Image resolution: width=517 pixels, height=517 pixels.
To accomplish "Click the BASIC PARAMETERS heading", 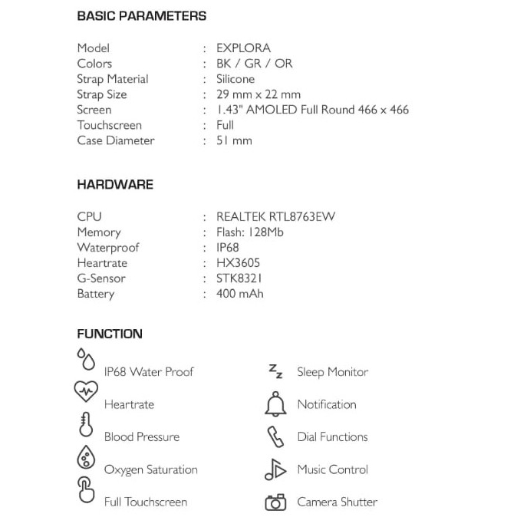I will point(141,16).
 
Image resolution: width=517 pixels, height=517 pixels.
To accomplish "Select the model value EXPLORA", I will point(243,48).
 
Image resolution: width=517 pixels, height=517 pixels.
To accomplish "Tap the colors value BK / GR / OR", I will point(254,64).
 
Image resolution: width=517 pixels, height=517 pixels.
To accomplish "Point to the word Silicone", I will point(235,79).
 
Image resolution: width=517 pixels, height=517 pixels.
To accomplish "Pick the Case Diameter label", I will point(115,140).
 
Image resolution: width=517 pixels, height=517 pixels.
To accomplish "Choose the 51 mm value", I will point(234,140).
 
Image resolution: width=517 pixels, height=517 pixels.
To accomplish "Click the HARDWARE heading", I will point(115,185).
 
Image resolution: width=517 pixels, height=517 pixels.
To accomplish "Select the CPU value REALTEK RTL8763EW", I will point(275,217).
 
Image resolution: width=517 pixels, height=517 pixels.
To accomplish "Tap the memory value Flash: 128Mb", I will point(250,232).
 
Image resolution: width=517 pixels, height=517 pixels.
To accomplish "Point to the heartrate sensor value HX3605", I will point(238,263).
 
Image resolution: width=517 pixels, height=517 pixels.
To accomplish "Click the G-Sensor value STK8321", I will point(239,278).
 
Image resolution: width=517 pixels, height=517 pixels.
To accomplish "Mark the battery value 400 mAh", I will point(240,294).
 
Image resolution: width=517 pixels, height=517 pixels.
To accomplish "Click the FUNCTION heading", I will point(110,334).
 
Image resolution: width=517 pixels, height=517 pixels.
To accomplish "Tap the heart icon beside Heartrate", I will point(86,391).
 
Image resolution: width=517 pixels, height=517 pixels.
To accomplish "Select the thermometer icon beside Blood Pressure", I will point(85,425).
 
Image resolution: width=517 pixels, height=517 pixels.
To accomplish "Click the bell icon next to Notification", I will point(275,403).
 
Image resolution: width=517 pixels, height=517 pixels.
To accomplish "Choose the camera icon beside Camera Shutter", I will point(275,502).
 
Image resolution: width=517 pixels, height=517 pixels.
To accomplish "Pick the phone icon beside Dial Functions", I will point(275,436).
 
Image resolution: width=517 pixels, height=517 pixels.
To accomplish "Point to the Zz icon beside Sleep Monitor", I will point(275,371).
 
